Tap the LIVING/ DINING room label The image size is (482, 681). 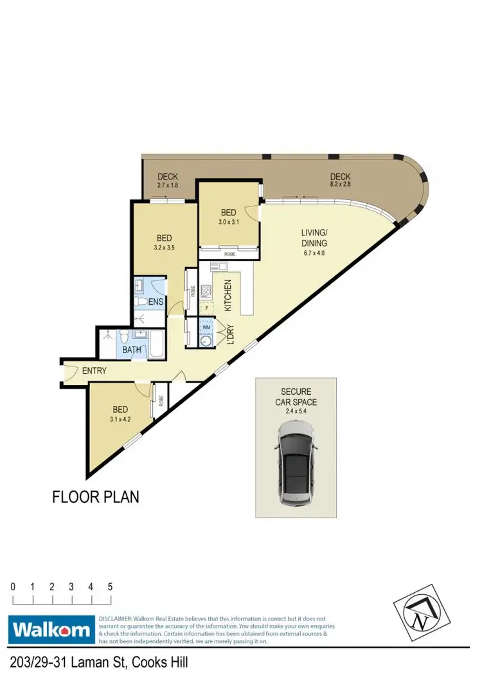314,238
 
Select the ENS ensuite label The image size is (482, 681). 156,301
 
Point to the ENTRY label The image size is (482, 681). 94,371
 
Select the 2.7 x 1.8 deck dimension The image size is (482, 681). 167,185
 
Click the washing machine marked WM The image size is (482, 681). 206,327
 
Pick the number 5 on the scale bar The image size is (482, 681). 111,586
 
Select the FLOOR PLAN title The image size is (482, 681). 95,496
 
